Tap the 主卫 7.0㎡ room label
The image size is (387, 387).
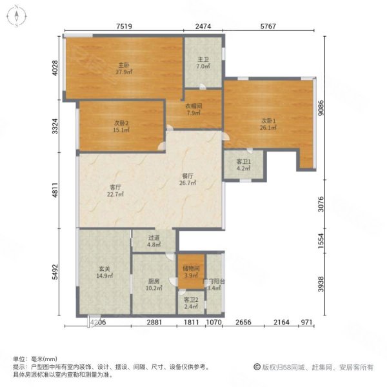pyautogui.click(x=202, y=63)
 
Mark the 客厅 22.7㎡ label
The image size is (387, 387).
pyautogui.click(x=115, y=192)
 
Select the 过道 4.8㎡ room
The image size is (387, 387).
pyautogui.click(x=154, y=241)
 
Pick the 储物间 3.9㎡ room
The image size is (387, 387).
pyautogui.click(x=192, y=272)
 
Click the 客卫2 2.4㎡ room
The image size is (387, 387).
pyautogui.click(x=191, y=303)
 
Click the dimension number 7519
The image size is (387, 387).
pyautogui.click(x=124, y=26)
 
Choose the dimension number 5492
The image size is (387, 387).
pyautogui.click(x=56, y=276)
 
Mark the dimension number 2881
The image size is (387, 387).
pyautogui.click(x=152, y=322)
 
